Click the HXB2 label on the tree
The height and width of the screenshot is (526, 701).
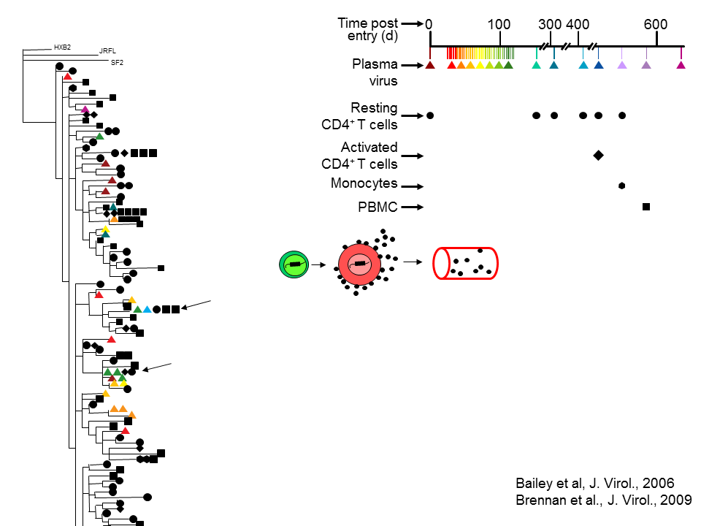click(62, 47)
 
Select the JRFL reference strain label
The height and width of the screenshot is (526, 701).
click(107, 52)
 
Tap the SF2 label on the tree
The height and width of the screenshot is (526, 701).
click(117, 63)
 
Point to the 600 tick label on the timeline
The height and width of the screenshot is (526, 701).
click(656, 24)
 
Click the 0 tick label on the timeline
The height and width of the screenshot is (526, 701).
click(429, 24)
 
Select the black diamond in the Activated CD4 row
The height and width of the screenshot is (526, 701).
click(598, 155)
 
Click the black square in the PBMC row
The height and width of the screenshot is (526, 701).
click(646, 207)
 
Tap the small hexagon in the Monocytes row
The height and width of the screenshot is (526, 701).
click(621, 186)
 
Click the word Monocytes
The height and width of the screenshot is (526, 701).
click(364, 183)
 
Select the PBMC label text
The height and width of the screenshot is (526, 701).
click(378, 207)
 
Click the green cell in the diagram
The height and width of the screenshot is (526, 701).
click(294, 264)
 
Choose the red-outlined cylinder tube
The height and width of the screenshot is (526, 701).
click(466, 263)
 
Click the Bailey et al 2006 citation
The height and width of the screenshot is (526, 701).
click(594, 483)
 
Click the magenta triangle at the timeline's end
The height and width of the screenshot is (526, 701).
click(681, 65)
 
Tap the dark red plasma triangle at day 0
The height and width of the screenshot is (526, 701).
click(430, 65)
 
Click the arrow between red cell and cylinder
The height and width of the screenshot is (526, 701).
click(413, 261)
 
